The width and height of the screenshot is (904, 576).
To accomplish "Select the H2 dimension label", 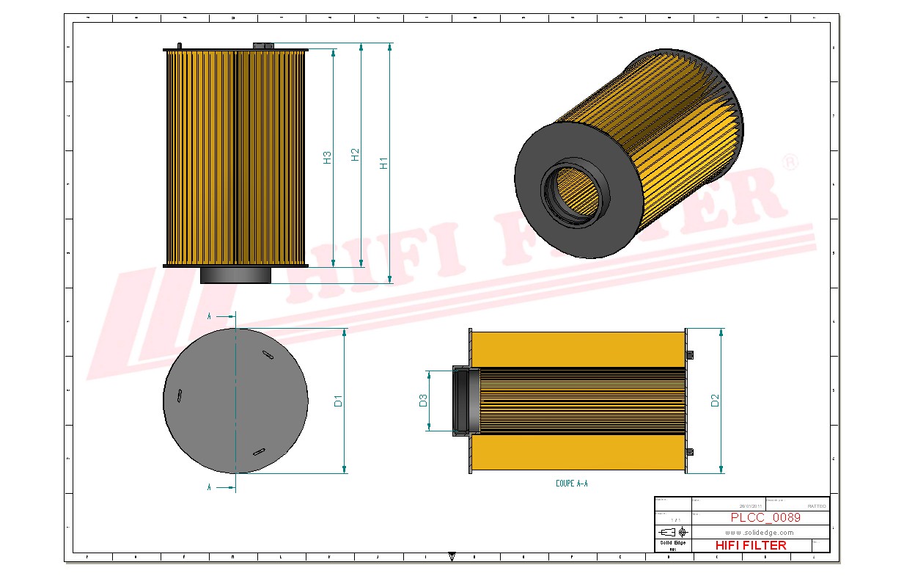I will (356, 155).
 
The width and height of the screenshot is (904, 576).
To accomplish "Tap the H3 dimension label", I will (328, 157).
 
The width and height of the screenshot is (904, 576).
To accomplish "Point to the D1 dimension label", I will (338, 401).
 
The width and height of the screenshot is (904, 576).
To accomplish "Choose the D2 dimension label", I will (715, 401).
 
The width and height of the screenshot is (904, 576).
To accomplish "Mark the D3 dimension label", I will (423, 401).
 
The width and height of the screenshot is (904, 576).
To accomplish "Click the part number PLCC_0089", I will (765, 517).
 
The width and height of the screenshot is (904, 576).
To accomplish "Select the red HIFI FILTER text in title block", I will (750, 545).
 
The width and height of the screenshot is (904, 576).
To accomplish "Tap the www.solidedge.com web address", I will (760, 532).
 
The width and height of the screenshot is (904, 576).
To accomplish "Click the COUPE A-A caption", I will (572, 484).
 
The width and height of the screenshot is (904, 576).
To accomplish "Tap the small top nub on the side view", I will (262, 46).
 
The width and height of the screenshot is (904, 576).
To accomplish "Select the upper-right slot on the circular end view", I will (268, 355).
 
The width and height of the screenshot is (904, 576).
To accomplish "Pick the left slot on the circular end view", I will (179, 395).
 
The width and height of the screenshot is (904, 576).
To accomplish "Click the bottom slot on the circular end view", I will (259, 451).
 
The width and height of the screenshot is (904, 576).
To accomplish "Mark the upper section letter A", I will (210, 316).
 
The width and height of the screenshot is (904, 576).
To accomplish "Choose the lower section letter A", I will (210, 486).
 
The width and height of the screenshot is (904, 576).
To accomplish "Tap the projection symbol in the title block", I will (672, 532).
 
